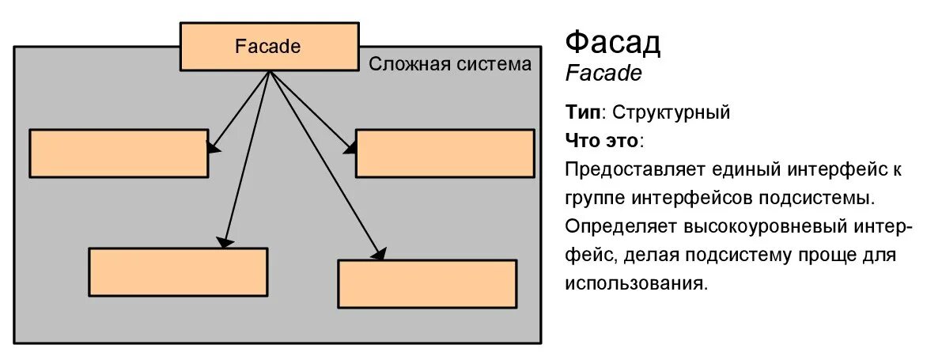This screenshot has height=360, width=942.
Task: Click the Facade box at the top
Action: [269, 47]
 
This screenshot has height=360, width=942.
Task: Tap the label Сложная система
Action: [450, 64]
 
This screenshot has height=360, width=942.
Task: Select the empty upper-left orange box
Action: [119, 153]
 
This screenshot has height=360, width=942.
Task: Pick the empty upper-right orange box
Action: [445, 153]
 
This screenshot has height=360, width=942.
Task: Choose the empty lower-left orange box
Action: [178, 271]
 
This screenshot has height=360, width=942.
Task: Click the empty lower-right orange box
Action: [427, 283]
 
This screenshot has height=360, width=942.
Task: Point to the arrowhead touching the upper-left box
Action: [212, 146]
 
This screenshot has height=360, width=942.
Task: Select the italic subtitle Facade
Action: [603, 74]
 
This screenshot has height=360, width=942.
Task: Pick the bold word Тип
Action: [582, 112]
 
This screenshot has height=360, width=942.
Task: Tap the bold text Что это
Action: [603, 141]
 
